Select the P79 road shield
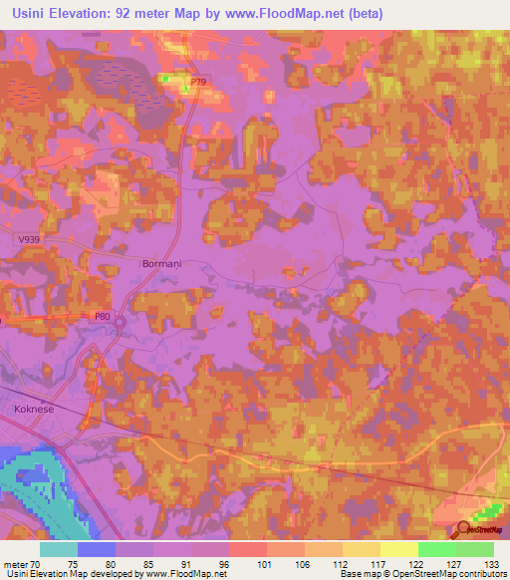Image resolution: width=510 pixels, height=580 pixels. click(196, 82)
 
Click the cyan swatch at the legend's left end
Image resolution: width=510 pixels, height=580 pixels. click(59, 548)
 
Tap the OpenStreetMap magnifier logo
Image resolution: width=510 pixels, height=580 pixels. click(463, 529)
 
